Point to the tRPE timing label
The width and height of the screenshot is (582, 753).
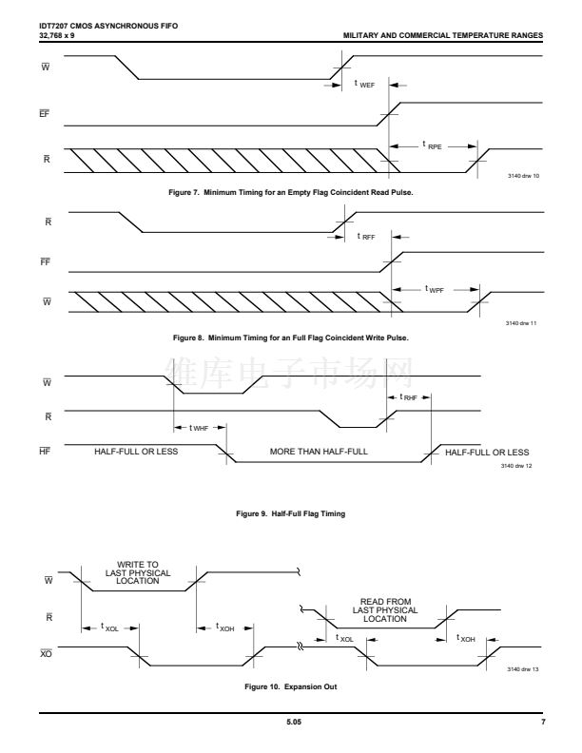click(x=434, y=145)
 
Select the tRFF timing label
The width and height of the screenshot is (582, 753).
click(x=366, y=236)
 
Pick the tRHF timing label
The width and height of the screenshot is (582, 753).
click(x=409, y=396)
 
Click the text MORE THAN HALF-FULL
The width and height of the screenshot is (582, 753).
click(x=317, y=452)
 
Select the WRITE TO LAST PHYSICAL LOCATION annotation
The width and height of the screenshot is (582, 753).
click(x=138, y=572)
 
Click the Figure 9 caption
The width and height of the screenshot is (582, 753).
click(x=291, y=512)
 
